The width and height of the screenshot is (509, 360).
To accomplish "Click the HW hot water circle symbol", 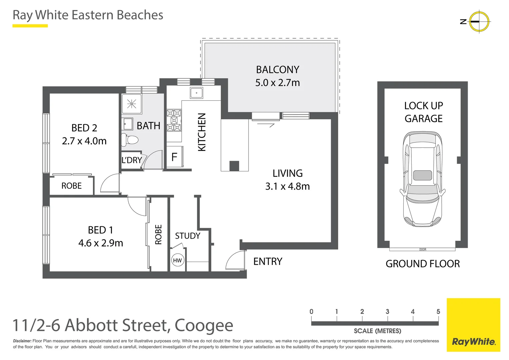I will click(x=177, y=260).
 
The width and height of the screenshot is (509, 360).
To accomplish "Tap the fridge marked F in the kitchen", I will click(x=174, y=157).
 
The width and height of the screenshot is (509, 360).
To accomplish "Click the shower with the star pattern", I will click(x=132, y=104).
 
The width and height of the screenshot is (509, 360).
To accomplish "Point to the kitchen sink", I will click(x=197, y=93).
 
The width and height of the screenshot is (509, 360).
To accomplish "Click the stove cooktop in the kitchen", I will click(x=174, y=120).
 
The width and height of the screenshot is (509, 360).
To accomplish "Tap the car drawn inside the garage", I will click(x=422, y=179).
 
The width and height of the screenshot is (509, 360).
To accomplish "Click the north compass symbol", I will click(x=479, y=21).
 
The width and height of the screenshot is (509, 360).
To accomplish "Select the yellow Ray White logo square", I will click(x=473, y=325).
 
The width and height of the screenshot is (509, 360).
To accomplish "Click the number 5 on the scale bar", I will click(x=438, y=312).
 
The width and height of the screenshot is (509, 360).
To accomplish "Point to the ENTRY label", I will click(x=268, y=262).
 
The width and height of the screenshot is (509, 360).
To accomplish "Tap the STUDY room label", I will click(x=188, y=236).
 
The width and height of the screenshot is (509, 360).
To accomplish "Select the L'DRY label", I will click(x=132, y=160).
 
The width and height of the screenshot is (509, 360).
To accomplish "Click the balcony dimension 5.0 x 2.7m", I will click(x=277, y=83).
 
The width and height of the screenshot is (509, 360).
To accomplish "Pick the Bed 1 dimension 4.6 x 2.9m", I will click(x=101, y=243).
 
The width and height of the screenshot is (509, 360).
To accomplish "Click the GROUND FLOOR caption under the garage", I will click(x=422, y=264).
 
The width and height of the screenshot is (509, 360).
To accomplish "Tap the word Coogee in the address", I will click(x=204, y=326).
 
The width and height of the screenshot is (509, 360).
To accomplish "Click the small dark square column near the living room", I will click(x=234, y=166).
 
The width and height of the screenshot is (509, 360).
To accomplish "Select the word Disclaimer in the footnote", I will click(x=22, y=341).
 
